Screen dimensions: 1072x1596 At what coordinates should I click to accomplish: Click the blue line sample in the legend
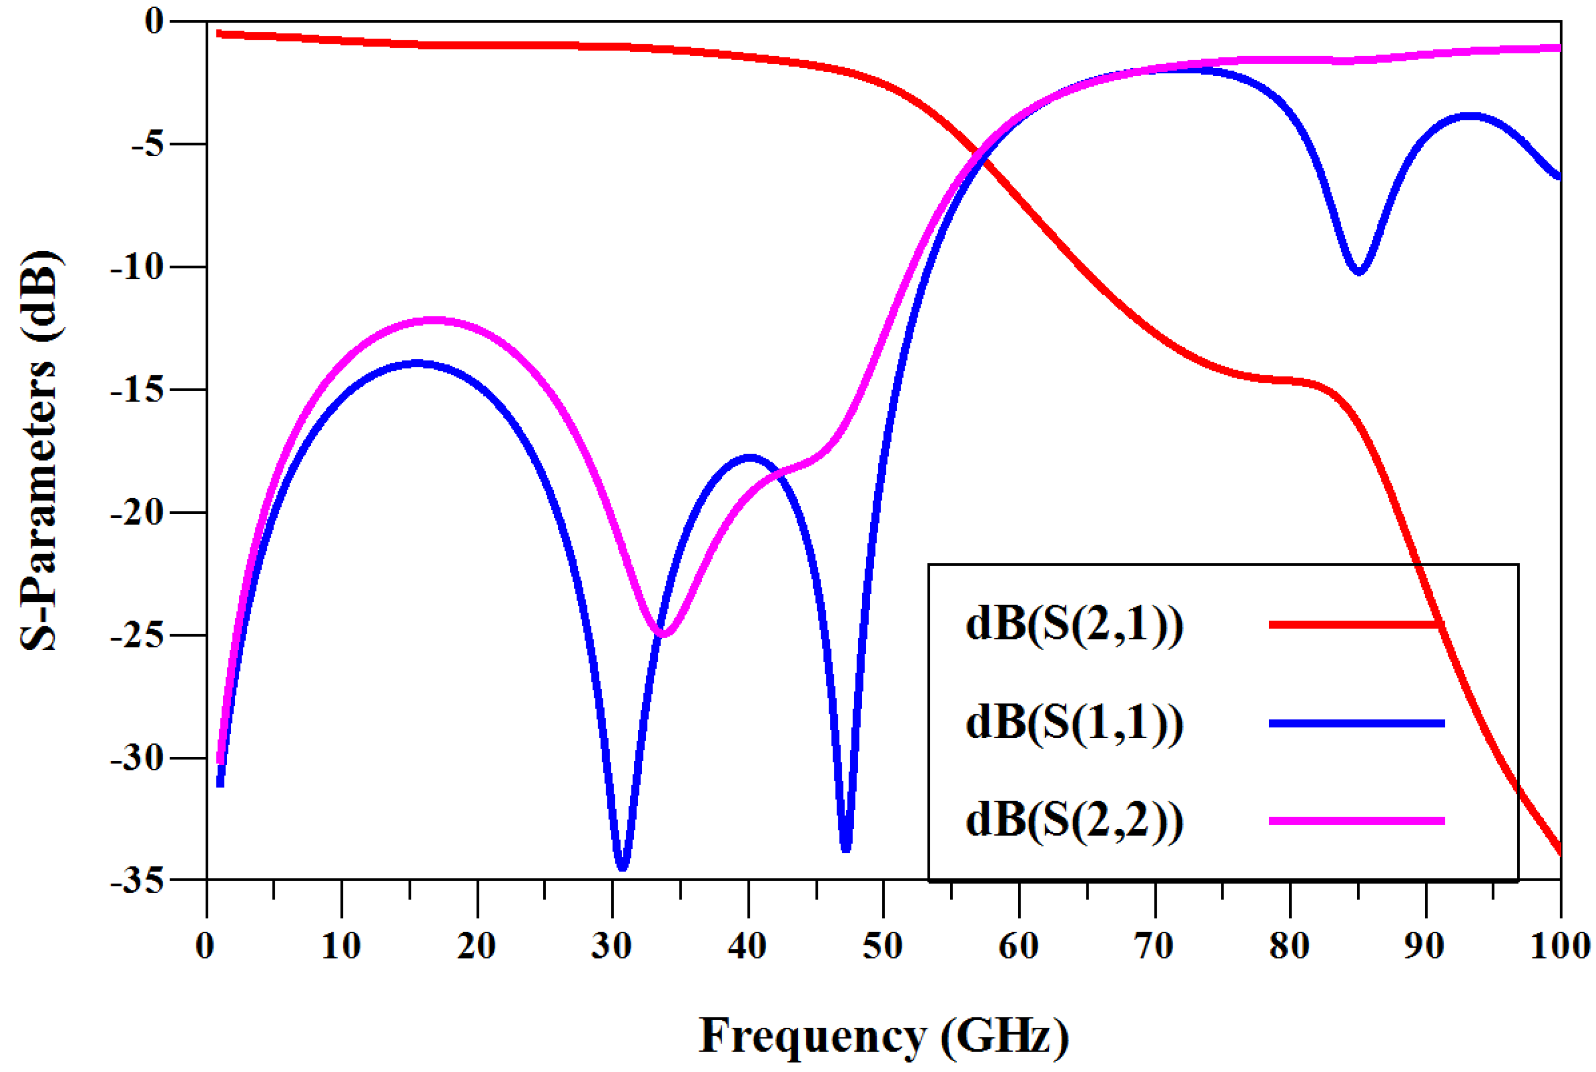(x=1356, y=723)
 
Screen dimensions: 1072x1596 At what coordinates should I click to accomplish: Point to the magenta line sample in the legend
(x=1356, y=820)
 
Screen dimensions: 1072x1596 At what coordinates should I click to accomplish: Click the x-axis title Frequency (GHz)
(x=883, y=1036)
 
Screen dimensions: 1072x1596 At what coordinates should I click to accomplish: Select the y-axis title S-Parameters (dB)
(x=39, y=451)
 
